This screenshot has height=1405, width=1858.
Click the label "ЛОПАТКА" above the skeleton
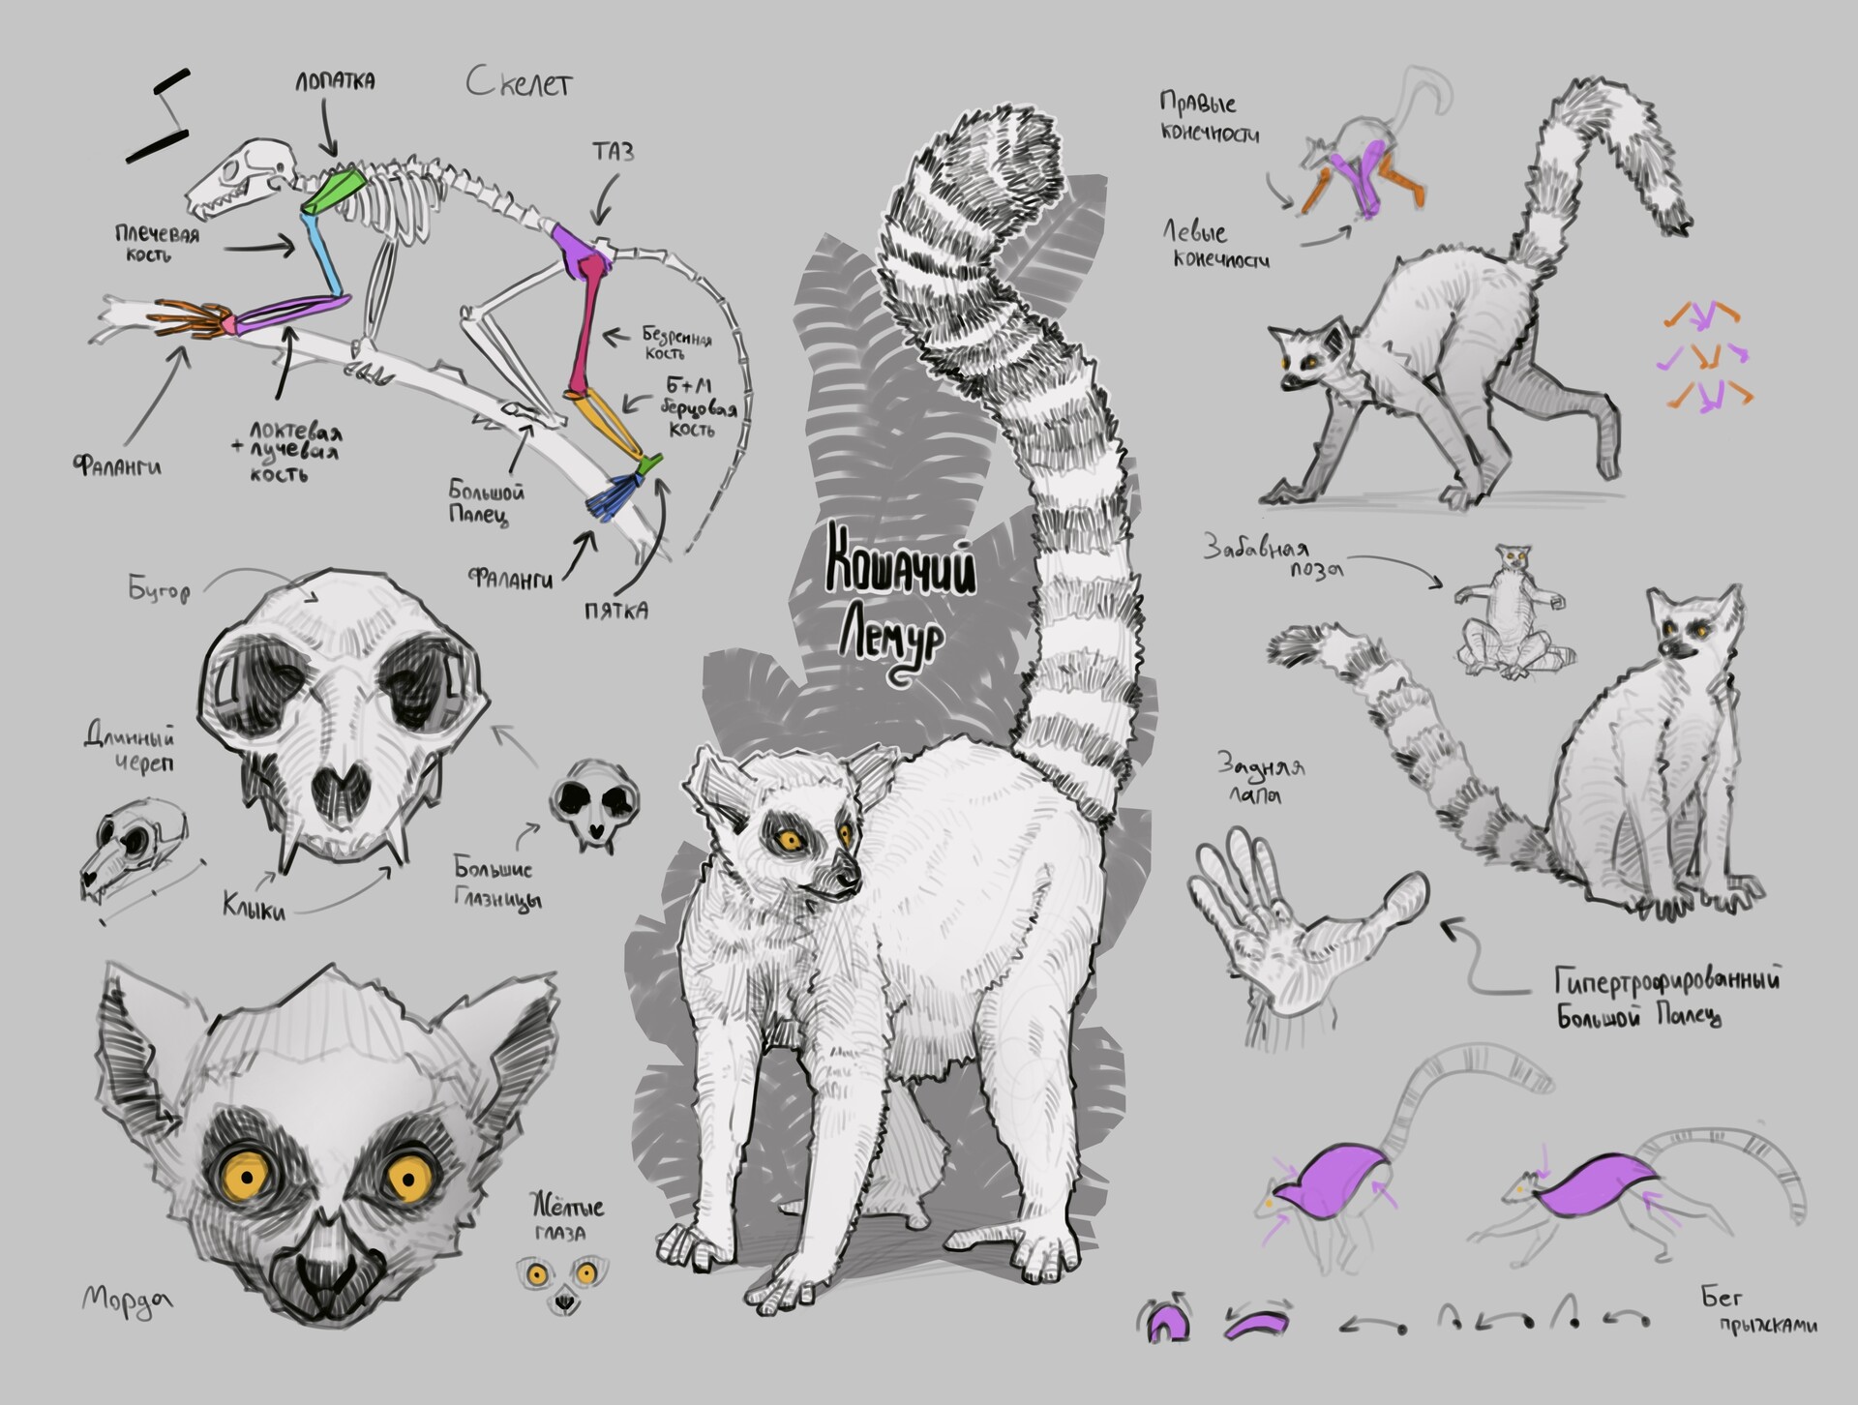[x=335, y=81]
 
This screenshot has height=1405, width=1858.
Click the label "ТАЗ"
[x=614, y=152]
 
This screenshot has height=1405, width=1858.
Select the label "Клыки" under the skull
[x=254, y=907]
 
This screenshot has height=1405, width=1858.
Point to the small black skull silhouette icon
[x=595, y=802]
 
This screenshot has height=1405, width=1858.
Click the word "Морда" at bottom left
[x=127, y=1298]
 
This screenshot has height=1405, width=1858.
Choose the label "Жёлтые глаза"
[x=567, y=1218]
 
